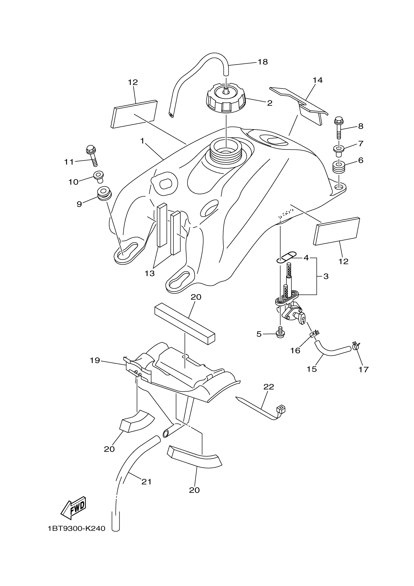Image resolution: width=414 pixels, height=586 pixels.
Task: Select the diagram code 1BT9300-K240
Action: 76,528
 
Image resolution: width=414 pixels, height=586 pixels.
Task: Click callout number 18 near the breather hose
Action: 263,62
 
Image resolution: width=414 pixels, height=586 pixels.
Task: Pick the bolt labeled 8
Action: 339,127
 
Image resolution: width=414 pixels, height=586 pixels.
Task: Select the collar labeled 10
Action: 99,176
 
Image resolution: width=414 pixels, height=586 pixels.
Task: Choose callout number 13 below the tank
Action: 150,273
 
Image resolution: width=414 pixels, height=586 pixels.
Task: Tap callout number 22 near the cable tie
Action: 269,387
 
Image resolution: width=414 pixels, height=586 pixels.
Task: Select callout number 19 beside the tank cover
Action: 95,360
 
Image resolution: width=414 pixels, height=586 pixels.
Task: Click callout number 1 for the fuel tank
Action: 142,141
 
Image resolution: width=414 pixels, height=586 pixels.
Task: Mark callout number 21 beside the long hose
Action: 147,482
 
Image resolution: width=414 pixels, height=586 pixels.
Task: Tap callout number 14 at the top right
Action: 318,80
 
